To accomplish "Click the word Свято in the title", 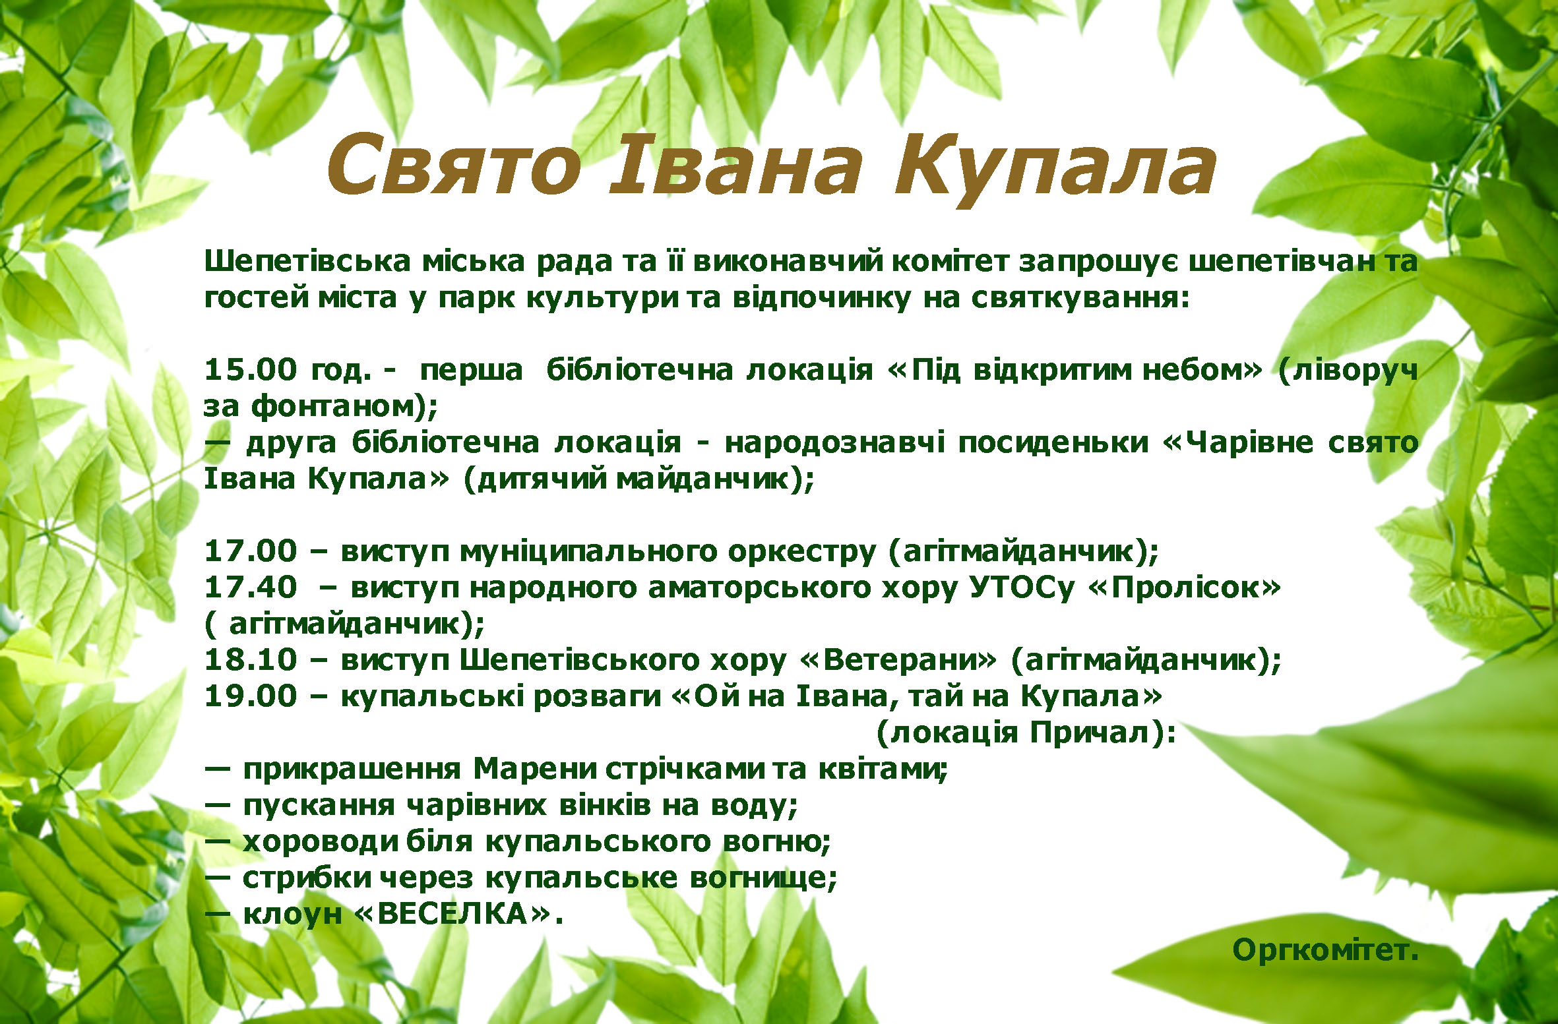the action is click(454, 165).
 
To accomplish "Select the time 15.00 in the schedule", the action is click(251, 369).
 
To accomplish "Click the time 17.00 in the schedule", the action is click(251, 551).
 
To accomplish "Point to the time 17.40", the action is click(251, 587).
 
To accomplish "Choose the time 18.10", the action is click(251, 659).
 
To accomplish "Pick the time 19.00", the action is click(251, 696).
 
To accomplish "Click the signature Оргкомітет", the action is click(1325, 950).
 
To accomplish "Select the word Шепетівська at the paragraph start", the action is click(308, 262).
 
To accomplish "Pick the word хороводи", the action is click(321, 842).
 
